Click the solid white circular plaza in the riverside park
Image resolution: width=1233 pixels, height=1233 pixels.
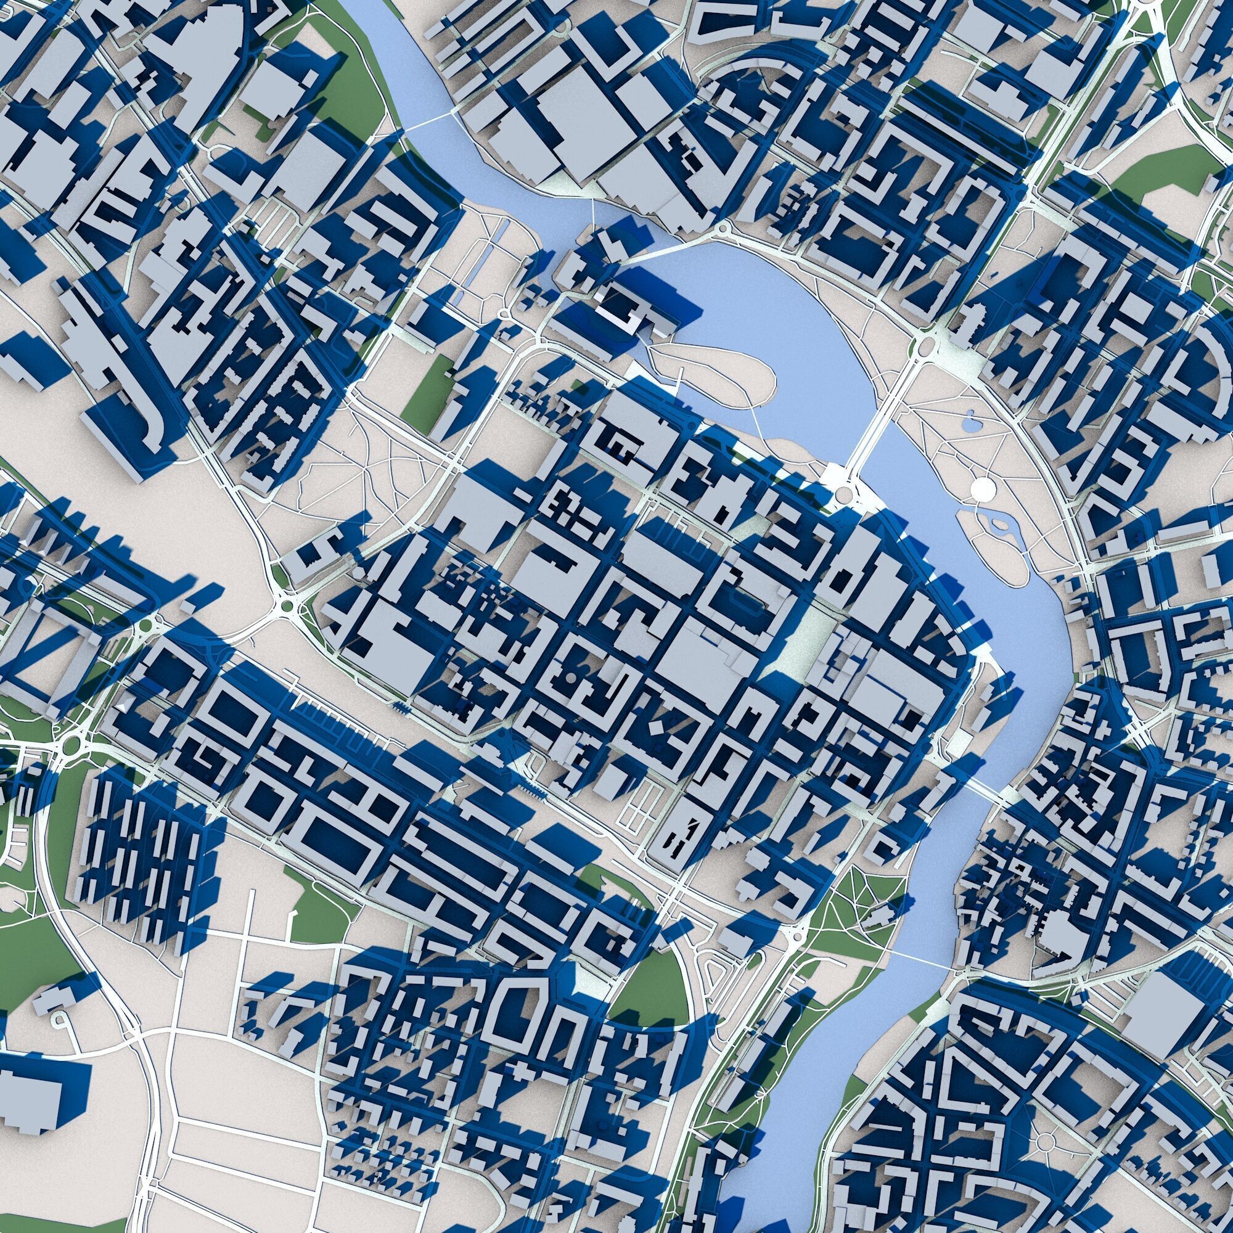click(x=983, y=489)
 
